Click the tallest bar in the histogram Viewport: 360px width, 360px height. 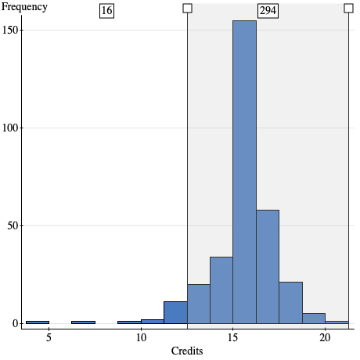(244, 172)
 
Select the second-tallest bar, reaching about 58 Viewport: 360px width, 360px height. (267, 266)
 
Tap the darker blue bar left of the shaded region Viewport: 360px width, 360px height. (175, 312)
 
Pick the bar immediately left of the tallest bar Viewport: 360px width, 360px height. (221, 290)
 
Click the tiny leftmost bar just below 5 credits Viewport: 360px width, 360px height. (38, 322)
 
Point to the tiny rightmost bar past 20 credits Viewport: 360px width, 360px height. (337, 322)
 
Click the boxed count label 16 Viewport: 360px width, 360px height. (106, 10)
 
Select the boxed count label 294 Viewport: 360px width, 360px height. (268, 10)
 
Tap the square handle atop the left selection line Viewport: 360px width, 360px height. (187, 8)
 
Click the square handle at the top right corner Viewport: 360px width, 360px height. (348, 8)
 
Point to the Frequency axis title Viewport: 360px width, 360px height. (23, 7)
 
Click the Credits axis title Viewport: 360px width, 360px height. (187, 351)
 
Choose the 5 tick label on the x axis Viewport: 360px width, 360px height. (49, 337)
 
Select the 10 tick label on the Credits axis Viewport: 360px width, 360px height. (141, 337)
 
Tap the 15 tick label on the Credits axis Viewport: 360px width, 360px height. (232, 337)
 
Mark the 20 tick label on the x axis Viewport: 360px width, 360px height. (325, 337)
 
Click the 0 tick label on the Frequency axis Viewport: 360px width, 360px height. (13, 323)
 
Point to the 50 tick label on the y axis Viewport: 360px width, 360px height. (11, 225)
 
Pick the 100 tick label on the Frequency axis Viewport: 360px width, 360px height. (9, 128)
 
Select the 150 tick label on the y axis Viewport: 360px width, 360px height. (9, 30)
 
